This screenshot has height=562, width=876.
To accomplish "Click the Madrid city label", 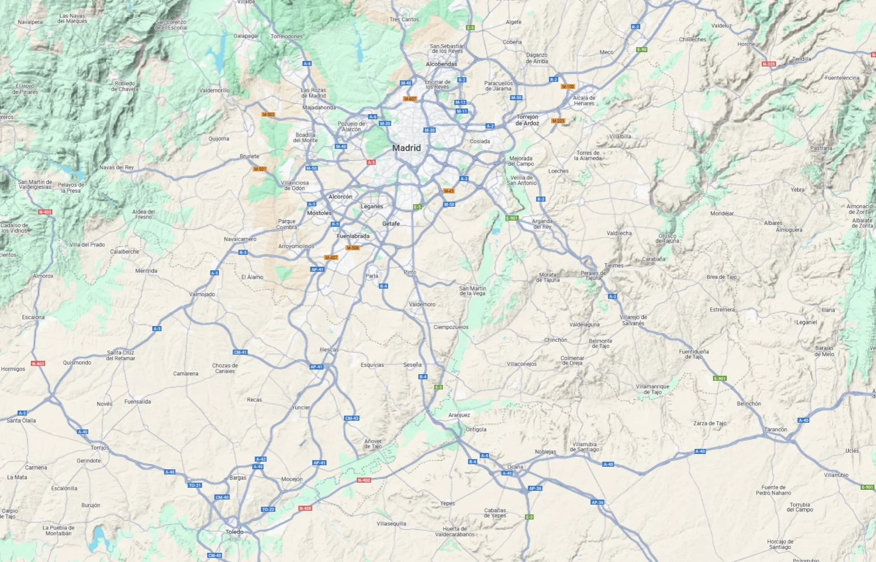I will (406, 148).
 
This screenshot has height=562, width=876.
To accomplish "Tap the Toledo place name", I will (235, 532).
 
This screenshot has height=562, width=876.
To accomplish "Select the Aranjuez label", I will (459, 415).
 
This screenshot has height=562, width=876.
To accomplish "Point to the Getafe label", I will (391, 224).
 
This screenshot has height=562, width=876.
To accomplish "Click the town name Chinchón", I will (555, 340).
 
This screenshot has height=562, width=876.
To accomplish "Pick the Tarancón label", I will (776, 429).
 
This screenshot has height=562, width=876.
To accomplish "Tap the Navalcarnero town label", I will (240, 239).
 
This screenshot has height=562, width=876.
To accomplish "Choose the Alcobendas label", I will (441, 64).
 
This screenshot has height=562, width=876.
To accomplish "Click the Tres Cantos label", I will (404, 19).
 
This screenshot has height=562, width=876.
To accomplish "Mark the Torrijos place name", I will (100, 448).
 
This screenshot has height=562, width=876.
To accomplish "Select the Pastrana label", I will (821, 148).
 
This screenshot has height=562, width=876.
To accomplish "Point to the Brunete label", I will (249, 157).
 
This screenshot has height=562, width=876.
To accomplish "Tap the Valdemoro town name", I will (422, 305).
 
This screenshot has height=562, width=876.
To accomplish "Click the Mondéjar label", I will (722, 213).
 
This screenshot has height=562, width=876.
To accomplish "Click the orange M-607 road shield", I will (410, 99).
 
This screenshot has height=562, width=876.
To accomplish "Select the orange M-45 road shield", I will (449, 191).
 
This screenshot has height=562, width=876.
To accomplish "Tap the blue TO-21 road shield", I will (195, 485).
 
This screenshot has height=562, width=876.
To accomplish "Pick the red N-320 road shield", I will (768, 64).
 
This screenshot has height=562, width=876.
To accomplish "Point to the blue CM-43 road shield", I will (351, 418).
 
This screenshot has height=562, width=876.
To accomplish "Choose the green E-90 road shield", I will (641, 50).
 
